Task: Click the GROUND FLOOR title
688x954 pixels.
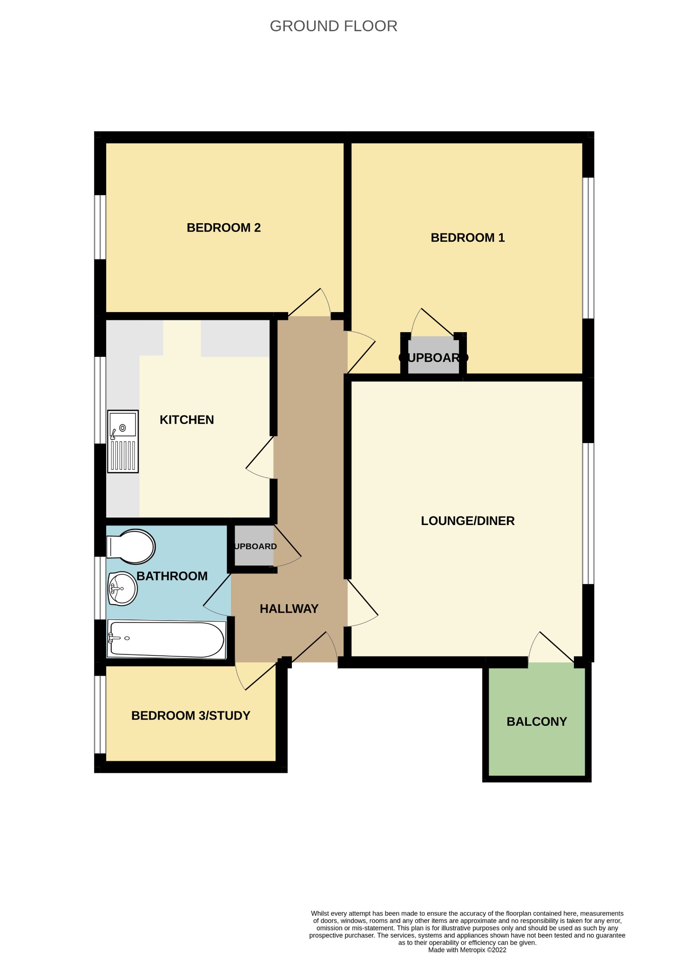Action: coord(333,26)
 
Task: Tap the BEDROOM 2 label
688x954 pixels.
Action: coord(223,228)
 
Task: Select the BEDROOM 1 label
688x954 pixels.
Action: coord(467,238)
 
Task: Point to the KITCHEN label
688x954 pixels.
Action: coord(187,420)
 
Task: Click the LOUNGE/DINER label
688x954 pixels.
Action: coord(467,521)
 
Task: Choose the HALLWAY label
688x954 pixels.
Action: coord(289,609)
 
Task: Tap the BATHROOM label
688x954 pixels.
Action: coord(172,576)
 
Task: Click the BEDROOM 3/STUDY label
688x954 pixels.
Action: coord(190,715)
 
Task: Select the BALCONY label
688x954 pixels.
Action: coord(536,722)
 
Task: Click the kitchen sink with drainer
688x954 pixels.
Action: coord(123,441)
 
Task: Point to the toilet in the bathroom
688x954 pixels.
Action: coord(131,546)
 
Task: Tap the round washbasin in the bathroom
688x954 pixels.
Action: coord(122,588)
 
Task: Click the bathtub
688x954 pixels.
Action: coord(166,640)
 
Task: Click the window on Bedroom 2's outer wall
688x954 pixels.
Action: coord(100,227)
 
